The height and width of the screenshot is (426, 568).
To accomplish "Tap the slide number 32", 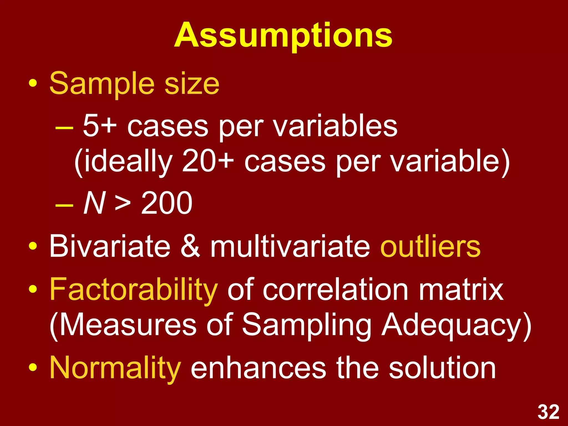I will pyautogui.click(x=548, y=412).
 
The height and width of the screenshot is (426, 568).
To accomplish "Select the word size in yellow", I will pyautogui.click(x=192, y=83).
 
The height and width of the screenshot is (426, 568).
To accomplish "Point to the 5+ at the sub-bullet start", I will pyautogui.click(x=100, y=126).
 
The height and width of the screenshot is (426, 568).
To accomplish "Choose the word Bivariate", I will pyautogui.click(x=110, y=246).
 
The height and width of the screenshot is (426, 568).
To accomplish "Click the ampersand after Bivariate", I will pyautogui.click(x=190, y=246).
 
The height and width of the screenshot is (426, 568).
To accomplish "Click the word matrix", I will pyautogui.click(x=461, y=290).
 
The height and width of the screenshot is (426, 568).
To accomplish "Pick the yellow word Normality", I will pyautogui.click(x=115, y=368).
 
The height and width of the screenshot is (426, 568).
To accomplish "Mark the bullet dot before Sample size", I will pyautogui.click(x=33, y=83).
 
